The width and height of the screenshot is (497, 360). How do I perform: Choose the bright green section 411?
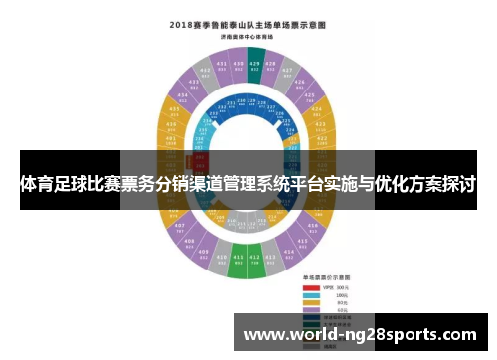[238, 261]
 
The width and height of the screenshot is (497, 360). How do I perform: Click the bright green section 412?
[255, 261]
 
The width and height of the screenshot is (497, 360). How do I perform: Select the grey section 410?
[221, 258]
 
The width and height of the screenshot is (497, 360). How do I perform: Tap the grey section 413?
[272, 258]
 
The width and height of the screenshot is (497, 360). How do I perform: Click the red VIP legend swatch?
[311, 287]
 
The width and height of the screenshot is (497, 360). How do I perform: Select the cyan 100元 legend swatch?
[311, 295]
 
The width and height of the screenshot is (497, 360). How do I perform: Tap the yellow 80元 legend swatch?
[311, 303]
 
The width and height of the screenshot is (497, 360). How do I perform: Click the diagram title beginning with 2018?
[247, 24]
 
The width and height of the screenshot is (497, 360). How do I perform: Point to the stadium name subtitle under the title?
[247, 36]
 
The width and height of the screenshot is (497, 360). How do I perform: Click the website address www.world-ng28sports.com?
[360, 334]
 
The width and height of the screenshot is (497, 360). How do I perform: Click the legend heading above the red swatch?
[322, 279]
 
